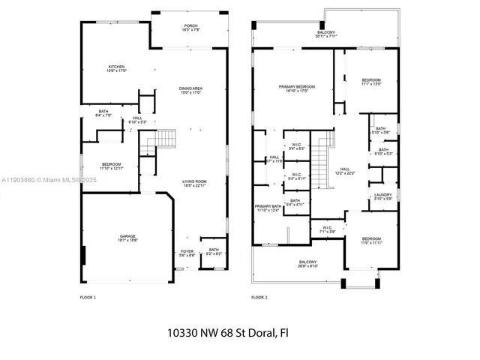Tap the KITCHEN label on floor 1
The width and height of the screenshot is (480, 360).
(x=115, y=67)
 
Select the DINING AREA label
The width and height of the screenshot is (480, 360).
(x=190, y=88)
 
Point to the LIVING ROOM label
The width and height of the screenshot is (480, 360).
(x=194, y=181)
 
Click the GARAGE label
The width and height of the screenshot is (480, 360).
(x=127, y=235)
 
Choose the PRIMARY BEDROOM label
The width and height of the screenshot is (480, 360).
(x=297, y=87)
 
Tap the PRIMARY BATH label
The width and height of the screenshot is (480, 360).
(x=267, y=206)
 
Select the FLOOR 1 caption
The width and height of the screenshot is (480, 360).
(x=88, y=298)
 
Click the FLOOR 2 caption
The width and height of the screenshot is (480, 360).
(x=259, y=298)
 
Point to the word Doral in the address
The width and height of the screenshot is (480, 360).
(x=263, y=331)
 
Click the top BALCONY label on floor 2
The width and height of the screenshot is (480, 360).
(x=325, y=33)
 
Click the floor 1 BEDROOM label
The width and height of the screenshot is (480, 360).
(x=110, y=164)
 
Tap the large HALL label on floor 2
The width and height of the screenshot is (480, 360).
(x=345, y=169)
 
